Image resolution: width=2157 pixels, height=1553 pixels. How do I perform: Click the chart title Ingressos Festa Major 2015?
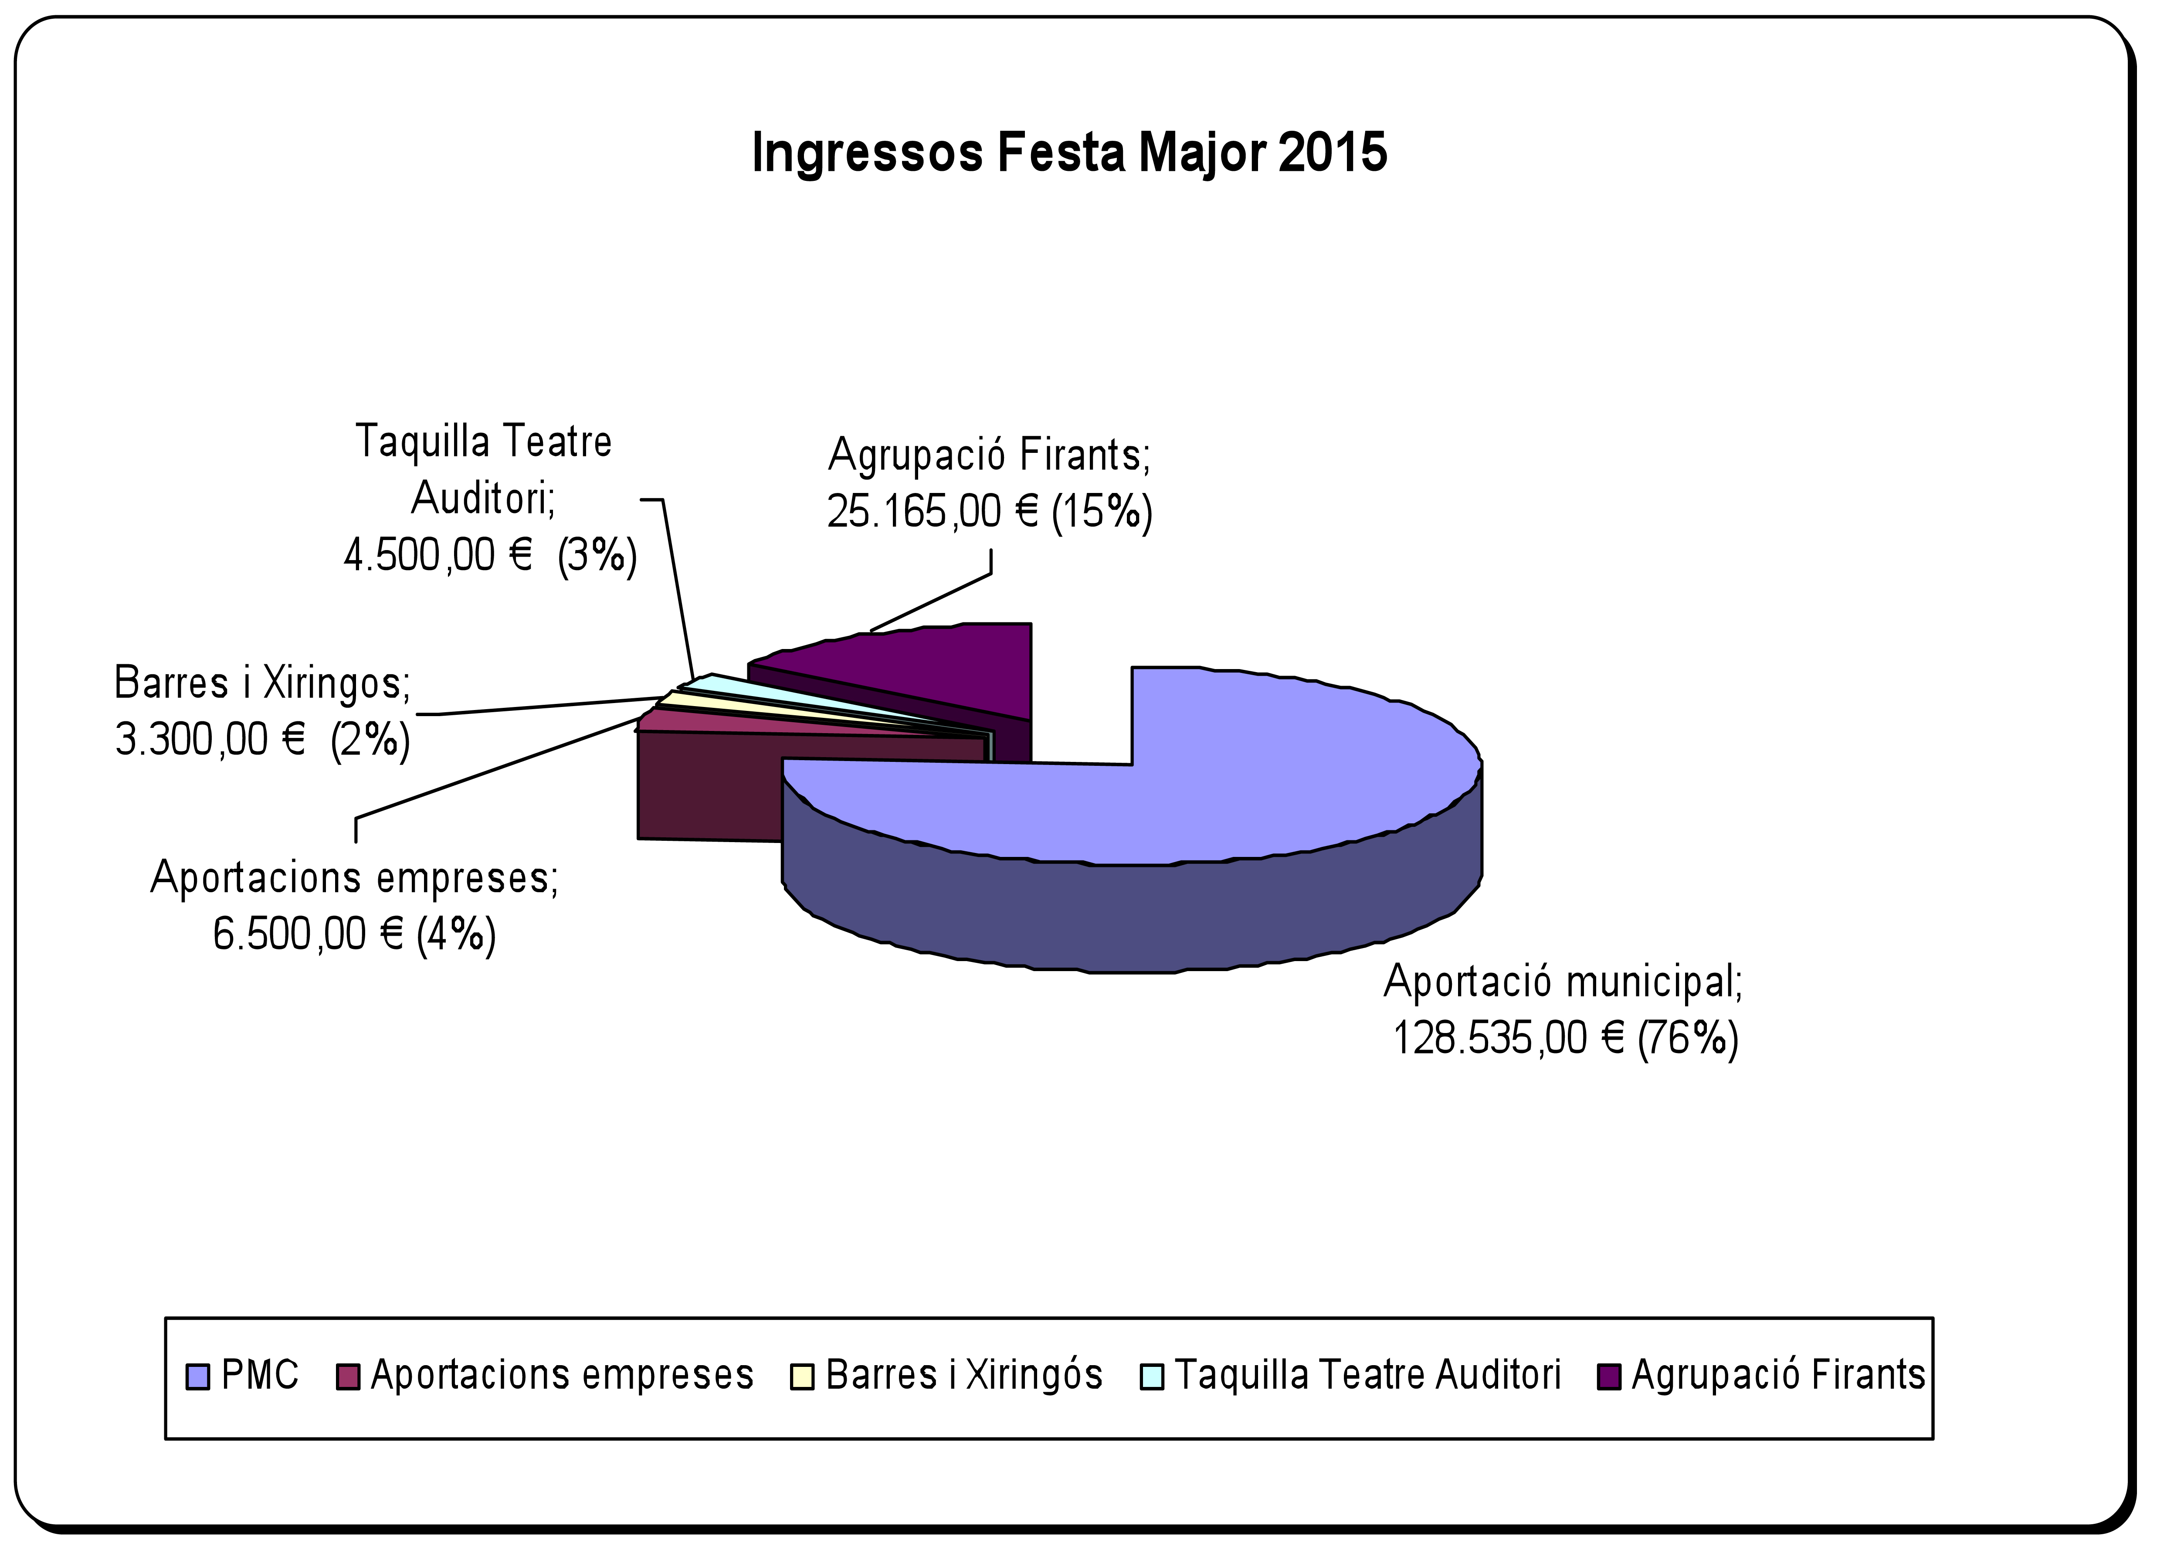[x=1069, y=152]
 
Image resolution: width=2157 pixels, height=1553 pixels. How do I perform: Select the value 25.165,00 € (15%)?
[x=989, y=512]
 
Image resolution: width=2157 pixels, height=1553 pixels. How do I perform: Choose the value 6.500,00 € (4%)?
[x=354, y=934]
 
